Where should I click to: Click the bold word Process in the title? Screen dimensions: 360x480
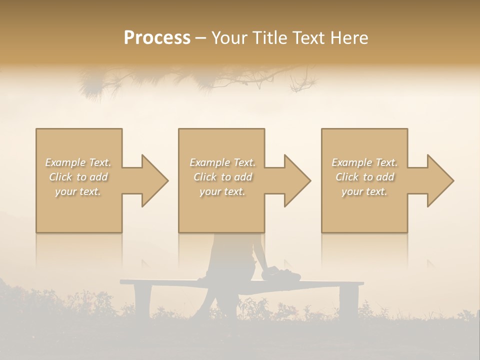157,38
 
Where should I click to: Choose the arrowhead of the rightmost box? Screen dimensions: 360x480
439,180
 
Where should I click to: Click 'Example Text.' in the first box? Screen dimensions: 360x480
78,162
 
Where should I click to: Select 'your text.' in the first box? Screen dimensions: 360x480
78,191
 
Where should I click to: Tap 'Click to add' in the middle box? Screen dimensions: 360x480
222,177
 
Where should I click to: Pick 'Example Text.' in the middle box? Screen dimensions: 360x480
222,162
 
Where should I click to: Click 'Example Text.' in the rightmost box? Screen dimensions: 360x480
364,162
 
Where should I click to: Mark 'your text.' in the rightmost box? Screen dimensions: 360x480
364,191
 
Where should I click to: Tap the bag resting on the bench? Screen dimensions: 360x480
282,274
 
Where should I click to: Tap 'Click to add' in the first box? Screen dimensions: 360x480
78,177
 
